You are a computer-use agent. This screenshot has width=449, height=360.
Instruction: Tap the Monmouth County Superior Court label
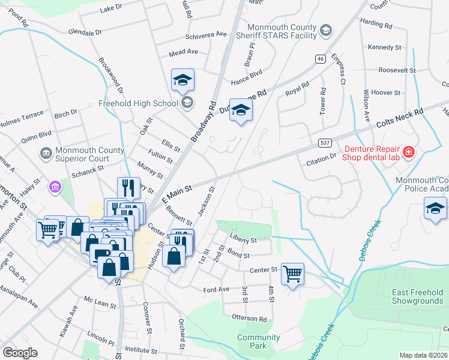81,154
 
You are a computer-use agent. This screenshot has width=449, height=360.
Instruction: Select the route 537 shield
325,143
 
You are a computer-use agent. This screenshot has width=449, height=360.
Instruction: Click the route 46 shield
321,58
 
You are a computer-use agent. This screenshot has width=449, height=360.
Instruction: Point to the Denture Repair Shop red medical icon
409,152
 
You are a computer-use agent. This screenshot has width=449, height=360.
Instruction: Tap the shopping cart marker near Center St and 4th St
292,274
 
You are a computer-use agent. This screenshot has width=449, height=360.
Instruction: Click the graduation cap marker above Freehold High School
183,80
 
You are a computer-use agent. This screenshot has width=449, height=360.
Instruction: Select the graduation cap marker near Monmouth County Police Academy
435,208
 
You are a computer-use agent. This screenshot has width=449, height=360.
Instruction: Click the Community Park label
259,342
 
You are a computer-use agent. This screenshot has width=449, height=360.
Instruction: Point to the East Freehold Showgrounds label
417,296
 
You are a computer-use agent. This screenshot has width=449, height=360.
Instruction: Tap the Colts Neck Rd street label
400,118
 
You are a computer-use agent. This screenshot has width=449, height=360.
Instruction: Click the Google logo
20,353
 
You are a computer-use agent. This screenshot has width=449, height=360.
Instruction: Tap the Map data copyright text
424,355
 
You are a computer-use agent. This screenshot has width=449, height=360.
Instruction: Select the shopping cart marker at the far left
47,229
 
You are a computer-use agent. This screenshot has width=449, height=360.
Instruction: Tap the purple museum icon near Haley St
55,188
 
